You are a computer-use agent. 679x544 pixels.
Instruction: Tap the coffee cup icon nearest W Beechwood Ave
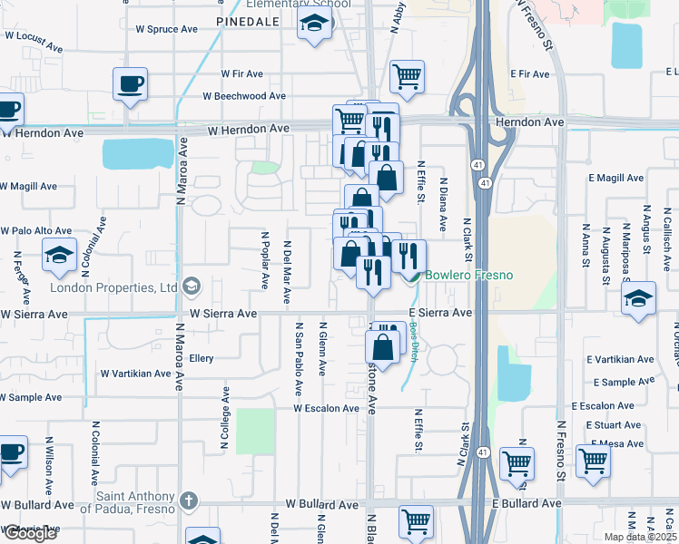click(130, 83)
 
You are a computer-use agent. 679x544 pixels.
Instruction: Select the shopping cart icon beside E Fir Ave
click(408, 76)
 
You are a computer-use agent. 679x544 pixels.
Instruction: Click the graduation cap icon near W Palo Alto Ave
click(59, 255)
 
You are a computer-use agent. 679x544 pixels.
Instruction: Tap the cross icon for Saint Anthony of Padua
click(189, 500)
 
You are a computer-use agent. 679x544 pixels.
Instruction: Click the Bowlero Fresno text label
click(468, 275)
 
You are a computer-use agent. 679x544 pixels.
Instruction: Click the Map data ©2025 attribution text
click(641, 537)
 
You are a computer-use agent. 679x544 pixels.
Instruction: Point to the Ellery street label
click(201, 358)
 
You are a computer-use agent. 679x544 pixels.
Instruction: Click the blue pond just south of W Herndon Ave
click(137, 154)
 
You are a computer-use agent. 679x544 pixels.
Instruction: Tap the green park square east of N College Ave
click(254, 431)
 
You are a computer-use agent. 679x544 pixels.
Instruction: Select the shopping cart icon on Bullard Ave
click(416, 521)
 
